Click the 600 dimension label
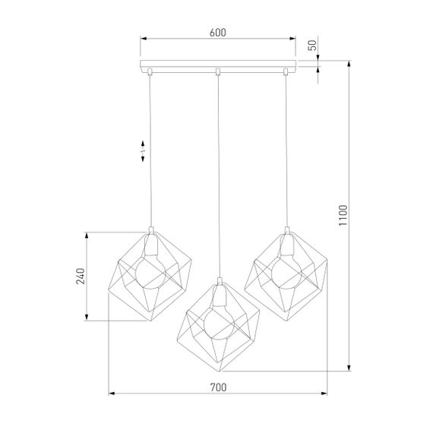point(217,33)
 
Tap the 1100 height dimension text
point(342,217)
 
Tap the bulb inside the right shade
point(286,271)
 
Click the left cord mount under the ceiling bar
point(150,72)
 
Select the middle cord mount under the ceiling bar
point(218,72)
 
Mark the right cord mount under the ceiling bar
point(286,72)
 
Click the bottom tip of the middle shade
point(220,371)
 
